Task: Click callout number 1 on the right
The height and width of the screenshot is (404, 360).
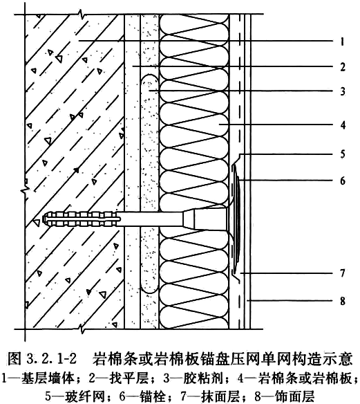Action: point(342,42)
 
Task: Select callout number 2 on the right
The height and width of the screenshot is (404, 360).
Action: point(343,67)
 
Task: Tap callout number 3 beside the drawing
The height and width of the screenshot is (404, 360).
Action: point(343,91)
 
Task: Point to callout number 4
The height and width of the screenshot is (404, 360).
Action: point(343,125)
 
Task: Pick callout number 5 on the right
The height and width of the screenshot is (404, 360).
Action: point(343,154)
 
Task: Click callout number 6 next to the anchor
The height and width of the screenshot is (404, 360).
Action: point(343,181)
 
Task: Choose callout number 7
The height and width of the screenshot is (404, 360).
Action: point(343,273)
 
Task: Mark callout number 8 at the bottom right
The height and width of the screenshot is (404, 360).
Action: point(343,301)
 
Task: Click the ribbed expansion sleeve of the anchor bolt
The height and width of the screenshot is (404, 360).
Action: point(82,219)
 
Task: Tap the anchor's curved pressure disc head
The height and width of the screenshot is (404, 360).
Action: point(236,219)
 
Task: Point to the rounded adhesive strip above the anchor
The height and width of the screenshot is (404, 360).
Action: point(150,139)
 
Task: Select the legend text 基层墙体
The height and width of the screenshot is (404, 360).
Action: point(48,378)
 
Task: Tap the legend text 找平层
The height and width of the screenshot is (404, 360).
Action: point(129,378)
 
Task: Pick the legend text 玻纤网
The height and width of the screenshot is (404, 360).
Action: point(85,396)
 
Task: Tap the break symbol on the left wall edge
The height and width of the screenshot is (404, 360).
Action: point(25,192)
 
